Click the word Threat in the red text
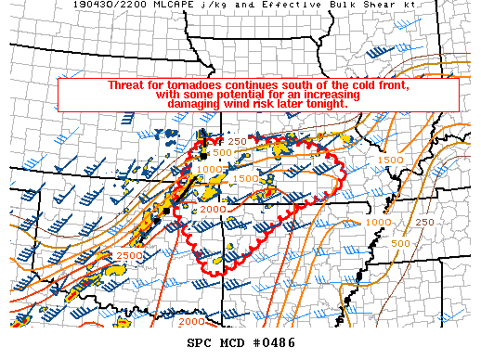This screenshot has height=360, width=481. coord(126,85)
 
